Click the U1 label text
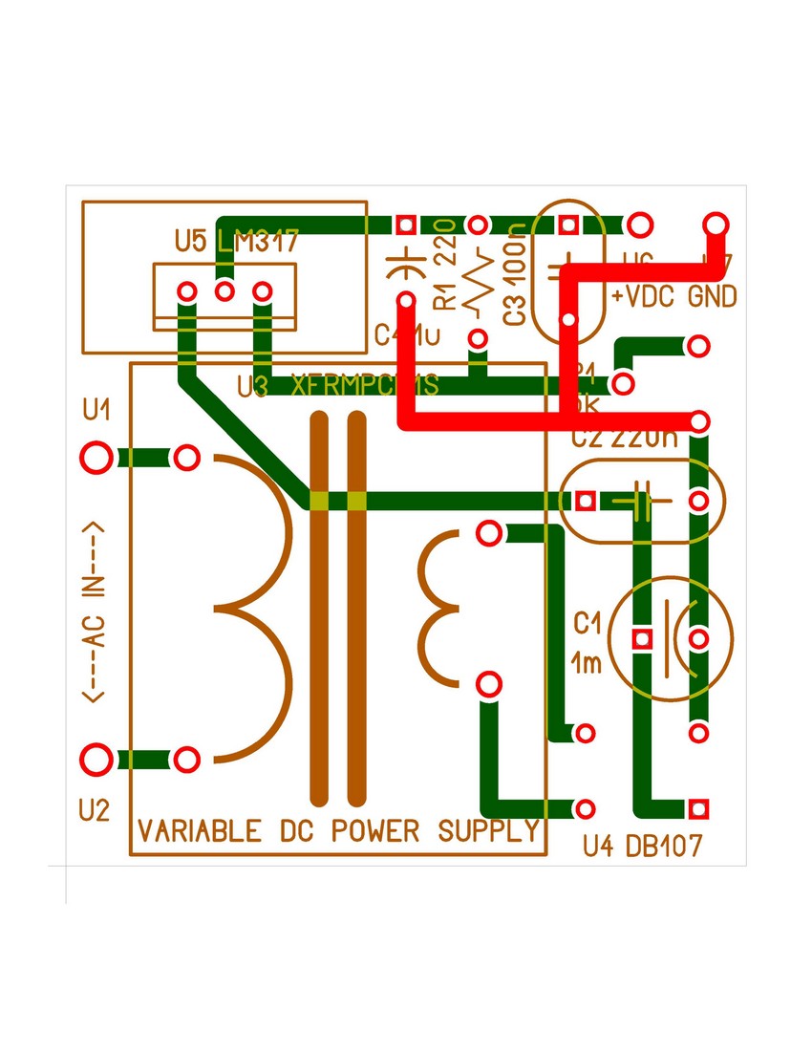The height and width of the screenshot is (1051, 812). click(x=96, y=412)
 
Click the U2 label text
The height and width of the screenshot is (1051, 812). click(x=95, y=811)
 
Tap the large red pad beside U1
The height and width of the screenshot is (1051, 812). click(x=96, y=458)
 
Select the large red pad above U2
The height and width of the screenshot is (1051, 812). click(x=96, y=761)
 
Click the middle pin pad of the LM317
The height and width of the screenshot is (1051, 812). click(x=224, y=290)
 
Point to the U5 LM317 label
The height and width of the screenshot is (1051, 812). click(x=237, y=241)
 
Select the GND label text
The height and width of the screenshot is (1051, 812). click(x=712, y=297)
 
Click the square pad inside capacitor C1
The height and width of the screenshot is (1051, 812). click(x=642, y=637)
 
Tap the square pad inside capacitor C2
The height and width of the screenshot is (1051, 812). click(x=586, y=501)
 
